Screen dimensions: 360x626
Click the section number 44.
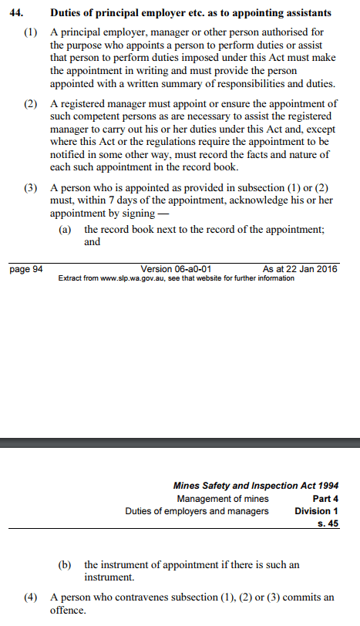point(17,12)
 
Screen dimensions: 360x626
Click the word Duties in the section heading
point(67,12)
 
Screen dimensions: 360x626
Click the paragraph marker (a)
point(67,230)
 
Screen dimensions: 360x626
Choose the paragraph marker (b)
point(67,564)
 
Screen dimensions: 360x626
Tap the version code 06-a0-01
point(186,269)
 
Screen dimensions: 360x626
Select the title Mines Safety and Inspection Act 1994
point(256,486)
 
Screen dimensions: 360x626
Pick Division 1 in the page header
point(316,511)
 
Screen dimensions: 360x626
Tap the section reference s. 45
point(328,523)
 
